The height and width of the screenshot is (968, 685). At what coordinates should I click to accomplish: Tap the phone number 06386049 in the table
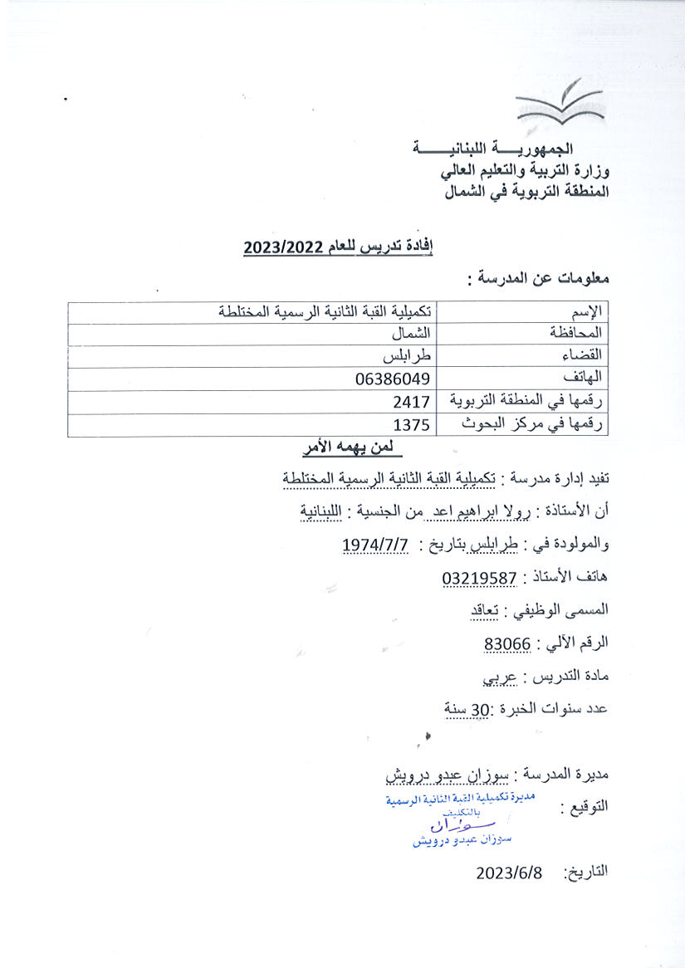pos(390,379)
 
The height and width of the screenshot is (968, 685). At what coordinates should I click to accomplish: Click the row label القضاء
pos(582,357)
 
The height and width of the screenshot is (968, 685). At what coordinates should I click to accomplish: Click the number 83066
pos(507,643)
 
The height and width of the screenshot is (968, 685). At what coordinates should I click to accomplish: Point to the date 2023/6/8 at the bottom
pos(509,873)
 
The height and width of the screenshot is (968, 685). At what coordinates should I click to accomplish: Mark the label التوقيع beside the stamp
pos(585,805)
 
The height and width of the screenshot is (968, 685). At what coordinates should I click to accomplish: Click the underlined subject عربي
pos(500,676)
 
